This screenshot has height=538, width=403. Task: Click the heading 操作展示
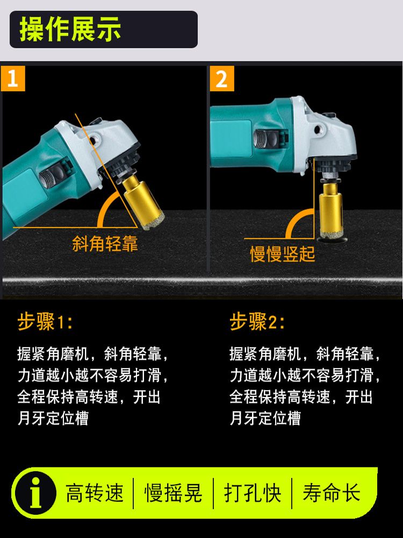[x=70, y=30]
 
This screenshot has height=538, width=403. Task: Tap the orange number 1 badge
[x=13, y=79]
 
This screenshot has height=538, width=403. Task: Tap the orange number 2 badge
[x=222, y=79]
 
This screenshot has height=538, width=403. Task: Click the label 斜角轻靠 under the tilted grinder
[x=105, y=244]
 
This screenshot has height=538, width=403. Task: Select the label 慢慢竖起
[x=283, y=254]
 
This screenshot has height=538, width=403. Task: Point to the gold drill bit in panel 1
[x=142, y=201]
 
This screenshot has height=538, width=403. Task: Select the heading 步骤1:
[x=45, y=322]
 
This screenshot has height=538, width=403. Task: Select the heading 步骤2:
[x=257, y=322]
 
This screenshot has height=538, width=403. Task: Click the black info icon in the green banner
[x=35, y=493]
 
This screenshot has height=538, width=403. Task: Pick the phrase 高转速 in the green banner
[x=94, y=493]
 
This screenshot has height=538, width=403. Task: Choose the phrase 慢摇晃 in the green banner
[x=174, y=493]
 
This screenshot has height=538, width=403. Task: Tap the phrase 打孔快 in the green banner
[x=253, y=493]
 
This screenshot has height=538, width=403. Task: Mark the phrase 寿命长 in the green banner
[x=332, y=493]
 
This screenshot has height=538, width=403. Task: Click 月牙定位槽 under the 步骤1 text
[x=53, y=418]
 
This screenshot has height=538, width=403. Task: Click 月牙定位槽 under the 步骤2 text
[x=265, y=418]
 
